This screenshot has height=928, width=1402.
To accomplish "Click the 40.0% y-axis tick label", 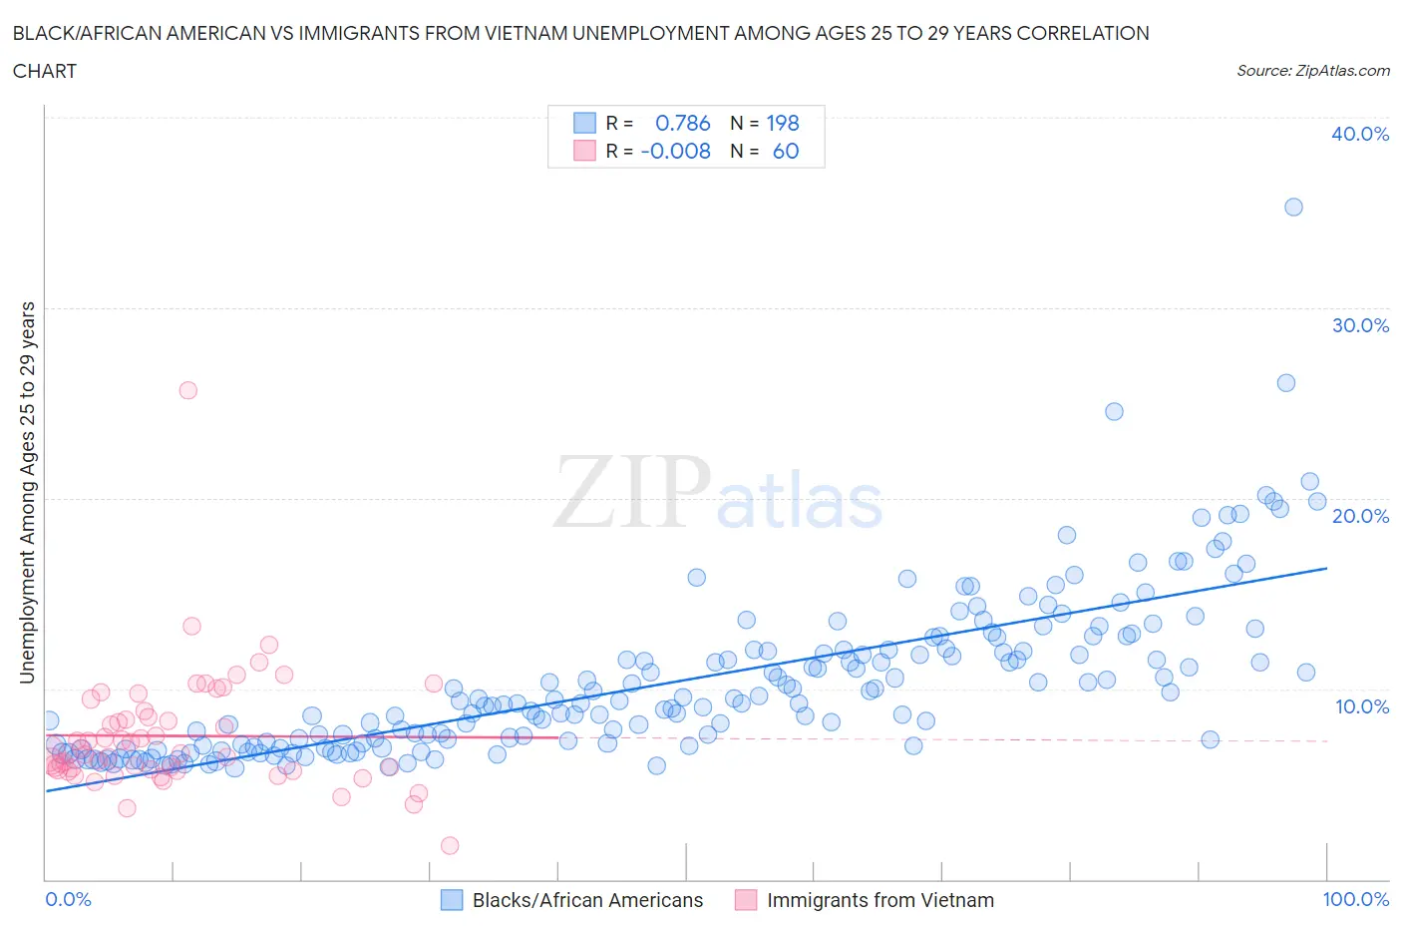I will click(x=1359, y=134).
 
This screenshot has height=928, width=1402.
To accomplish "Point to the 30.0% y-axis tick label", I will click(x=1359, y=325).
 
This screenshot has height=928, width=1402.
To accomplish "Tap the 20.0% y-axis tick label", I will click(x=1359, y=516).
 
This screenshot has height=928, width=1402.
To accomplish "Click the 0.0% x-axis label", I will click(x=69, y=899).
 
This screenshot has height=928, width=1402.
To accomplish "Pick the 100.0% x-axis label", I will click(x=1355, y=899).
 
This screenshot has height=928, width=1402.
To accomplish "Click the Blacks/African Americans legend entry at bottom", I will click(x=586, y=900).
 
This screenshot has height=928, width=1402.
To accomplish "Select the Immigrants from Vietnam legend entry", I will click(x=879, y=900).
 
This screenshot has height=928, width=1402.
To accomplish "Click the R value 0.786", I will click(x=682, y=123).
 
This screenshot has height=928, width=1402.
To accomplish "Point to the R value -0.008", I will click(x=675, y=151).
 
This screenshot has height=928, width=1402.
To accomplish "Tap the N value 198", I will click(x=783, y=123).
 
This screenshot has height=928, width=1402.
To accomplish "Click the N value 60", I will click(x=786, y=151).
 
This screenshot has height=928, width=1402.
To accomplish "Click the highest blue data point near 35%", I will click(x=1293, y=208).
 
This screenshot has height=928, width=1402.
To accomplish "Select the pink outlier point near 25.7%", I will click(x=187, y=390).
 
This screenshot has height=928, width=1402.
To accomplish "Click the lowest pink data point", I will click(x=450, y=845).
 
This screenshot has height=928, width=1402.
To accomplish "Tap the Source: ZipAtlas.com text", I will click(x=1312, y=71).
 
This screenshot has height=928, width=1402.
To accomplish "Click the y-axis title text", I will click(x=27, y=492).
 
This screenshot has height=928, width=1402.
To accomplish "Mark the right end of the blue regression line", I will click(x=1326, y=568).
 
